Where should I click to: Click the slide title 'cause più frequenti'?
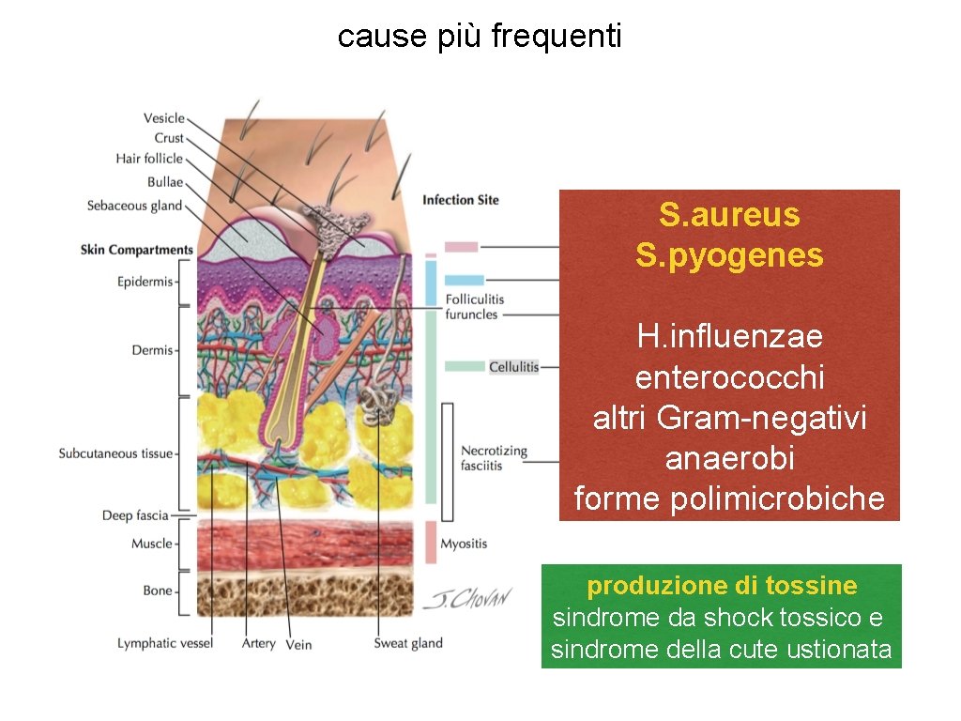[x=479, y=37]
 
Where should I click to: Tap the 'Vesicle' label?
[x=163, y=118]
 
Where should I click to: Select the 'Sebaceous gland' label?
[x=134, y=206]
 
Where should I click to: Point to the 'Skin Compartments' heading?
[x=136, y=250]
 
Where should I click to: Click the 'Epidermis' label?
[x=145, y=281]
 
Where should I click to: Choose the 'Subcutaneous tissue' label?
[x=115, y=453]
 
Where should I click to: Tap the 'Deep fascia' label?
[x=135, y=515]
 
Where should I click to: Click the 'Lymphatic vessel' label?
[x=165, y=643]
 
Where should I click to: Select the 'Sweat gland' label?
[x=408, y=643]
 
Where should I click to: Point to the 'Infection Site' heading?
[x=460, y=200]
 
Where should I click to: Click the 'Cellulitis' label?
[x=513, y=366]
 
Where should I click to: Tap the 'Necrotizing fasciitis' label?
[x=494, y=458]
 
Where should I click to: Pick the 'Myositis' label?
[x=464, y=544]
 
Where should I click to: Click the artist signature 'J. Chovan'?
[x=466, y=599]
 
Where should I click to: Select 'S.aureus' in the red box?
[x=729, y=215]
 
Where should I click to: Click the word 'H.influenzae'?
[x=729, y=335]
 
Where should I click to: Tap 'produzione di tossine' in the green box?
[x=722, y=586]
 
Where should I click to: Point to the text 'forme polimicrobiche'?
[x=729, y=499]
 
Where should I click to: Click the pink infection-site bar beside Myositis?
[x=431, y=543]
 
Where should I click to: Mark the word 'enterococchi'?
[x=729, y=377]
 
